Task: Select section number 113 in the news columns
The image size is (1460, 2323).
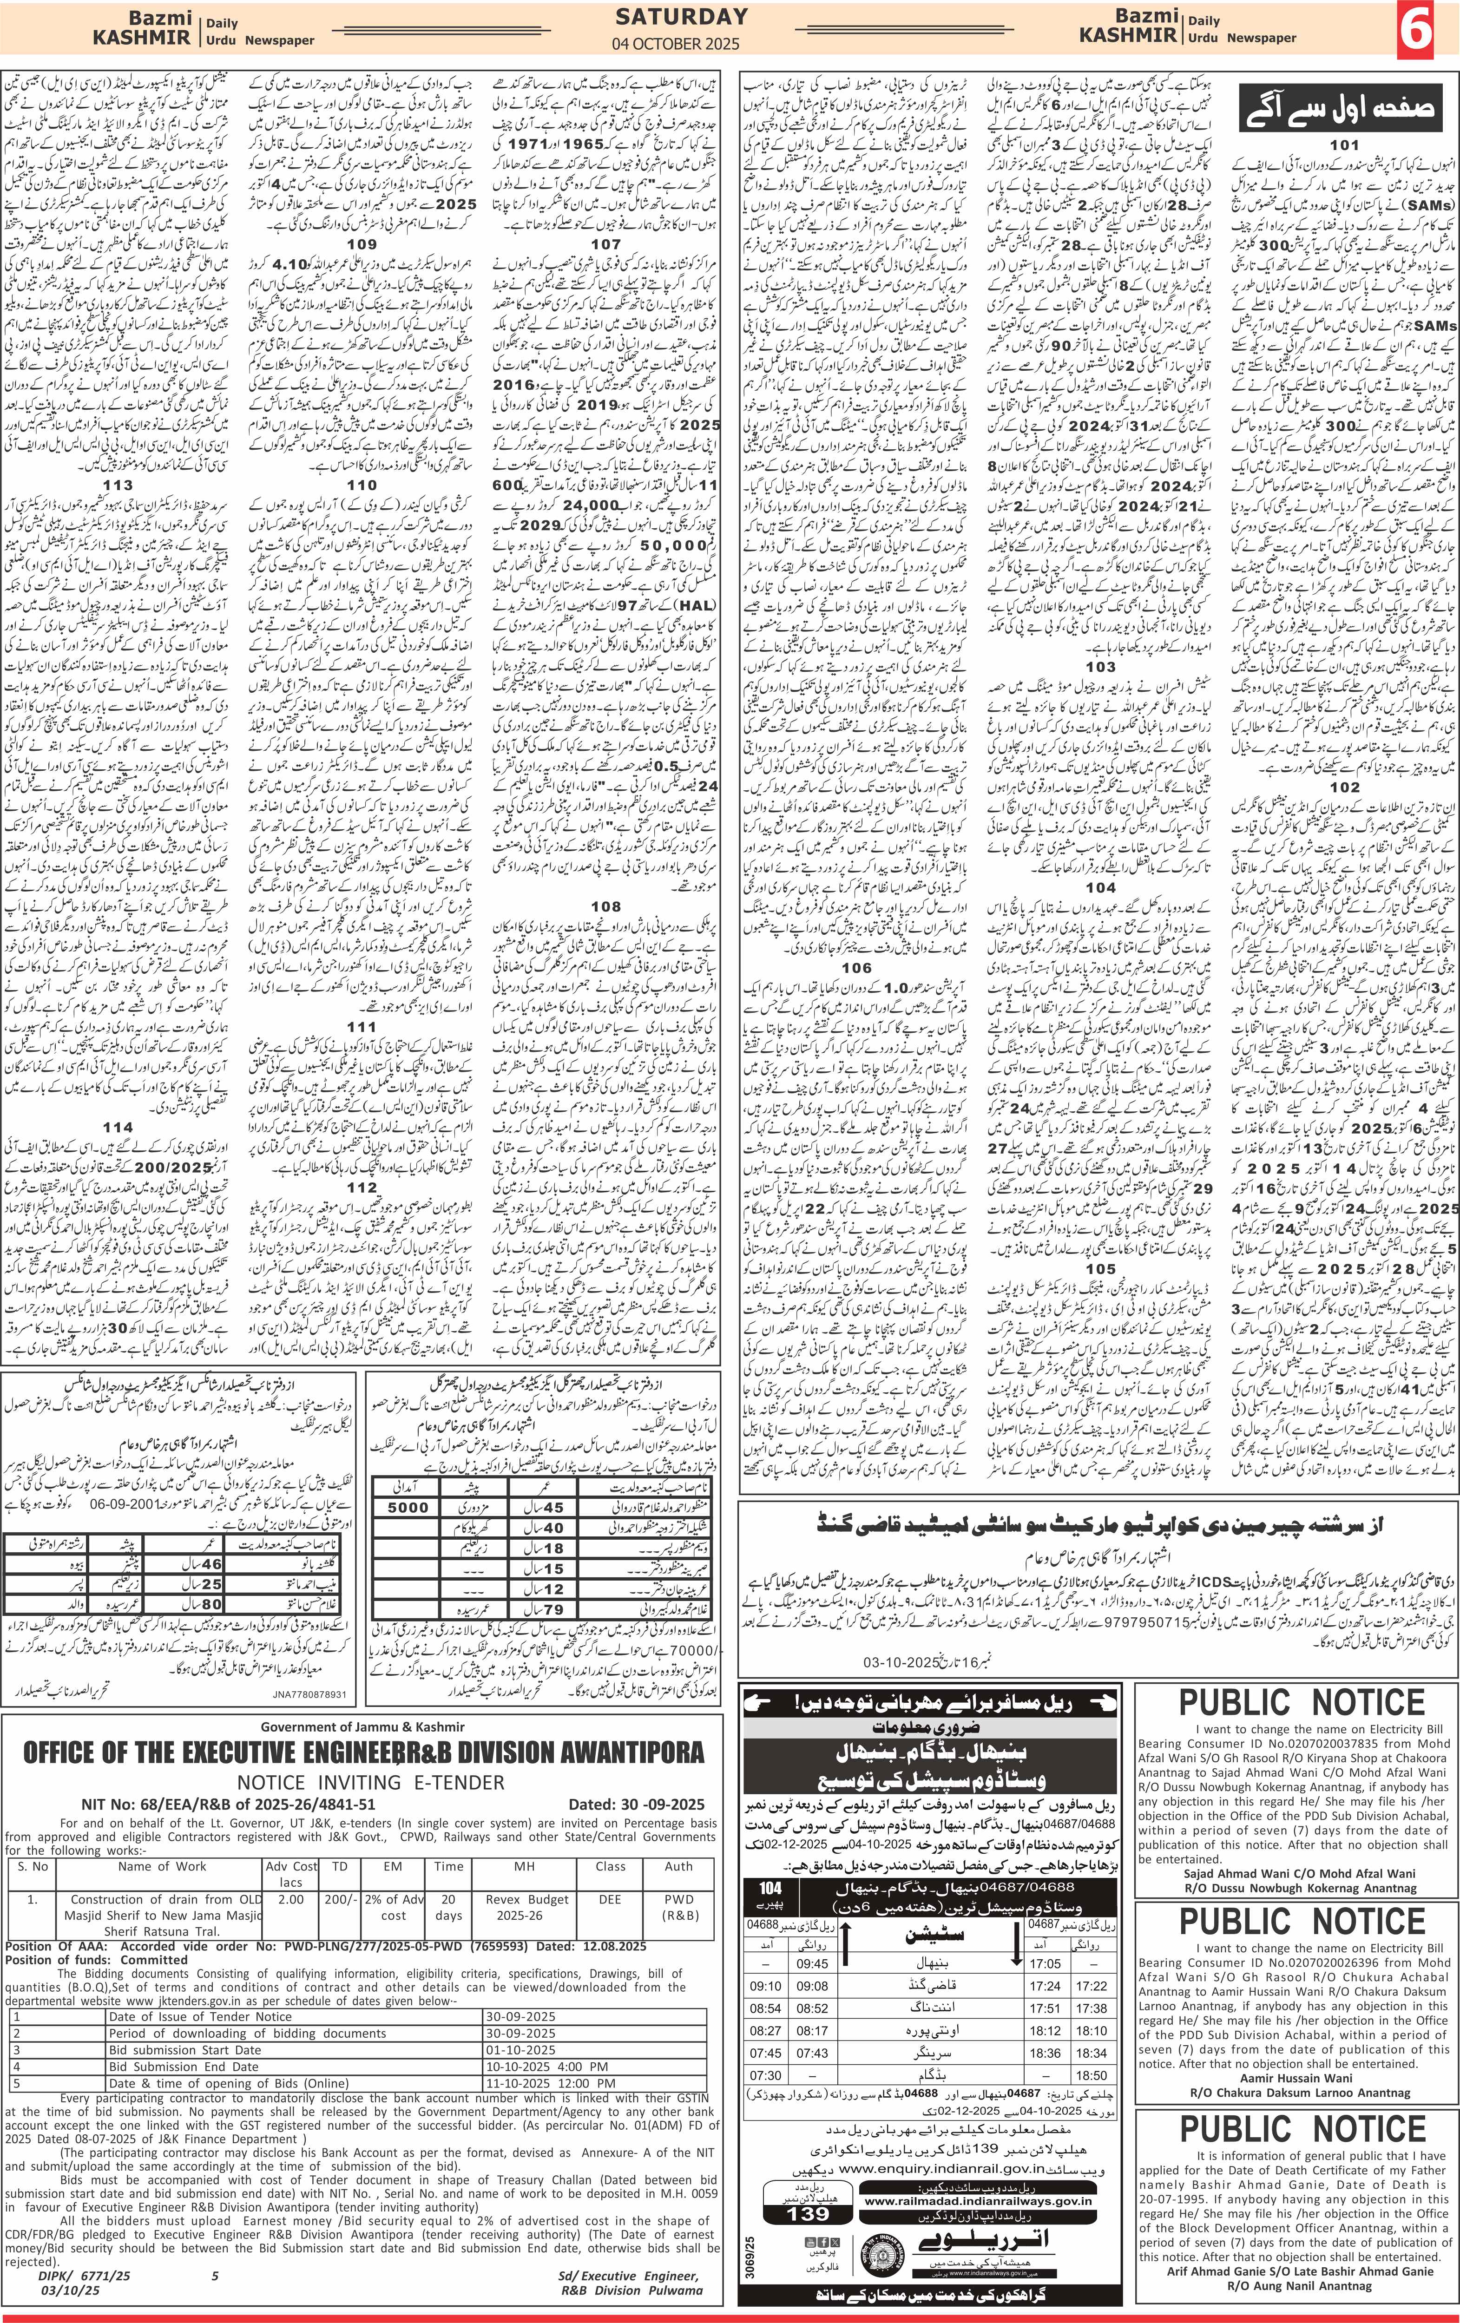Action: click(118, 485)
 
